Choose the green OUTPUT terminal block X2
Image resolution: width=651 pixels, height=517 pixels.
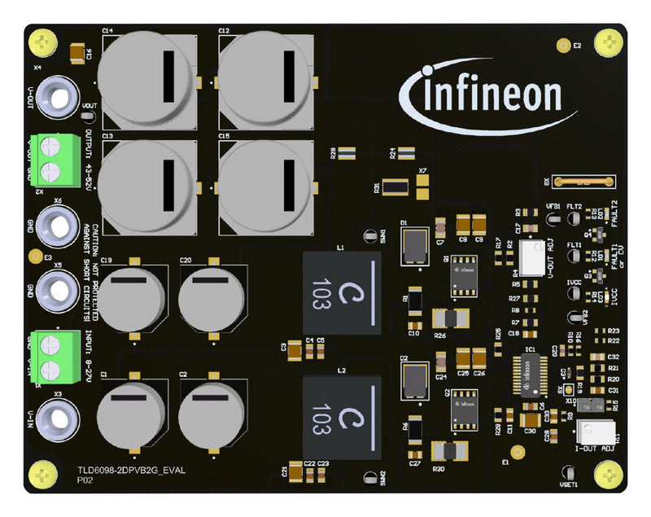(51, 158)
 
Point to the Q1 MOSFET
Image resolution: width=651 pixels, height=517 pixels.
(466, 274)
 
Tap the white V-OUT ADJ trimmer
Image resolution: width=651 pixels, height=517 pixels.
(532, 258)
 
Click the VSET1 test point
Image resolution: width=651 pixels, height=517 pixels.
(569, 471)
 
